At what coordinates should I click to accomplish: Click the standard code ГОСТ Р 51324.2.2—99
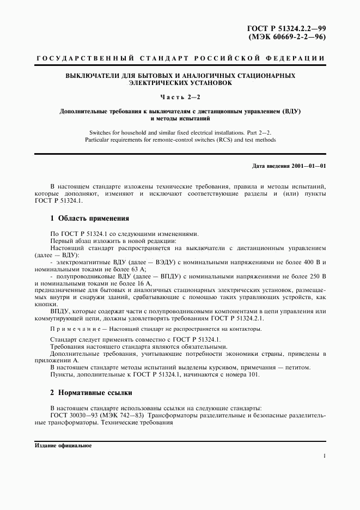pyautogui.click(x=287, y=28)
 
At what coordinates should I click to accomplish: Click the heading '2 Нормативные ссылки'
pyautogui.click(x=91, y=392)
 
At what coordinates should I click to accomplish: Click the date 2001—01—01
pyautogui.click(x=308, y=165)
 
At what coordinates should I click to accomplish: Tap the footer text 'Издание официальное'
pyautogui.click(x=63, y=445)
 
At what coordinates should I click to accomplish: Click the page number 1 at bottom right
pyautogui.click(x=324, y=455)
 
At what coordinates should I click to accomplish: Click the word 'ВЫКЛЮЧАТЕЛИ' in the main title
pyautogui.click(x=90, y=76)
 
